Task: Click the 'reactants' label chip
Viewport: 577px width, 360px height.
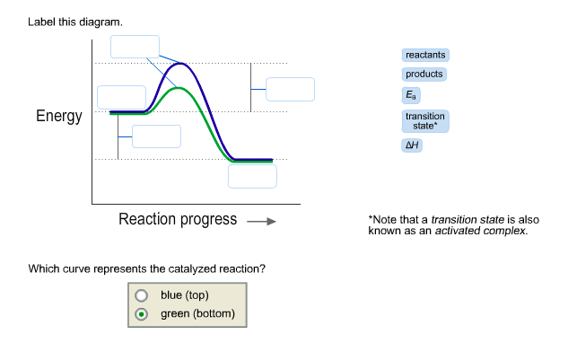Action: [425, 56]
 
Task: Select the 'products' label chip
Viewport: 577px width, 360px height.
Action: [424, 75]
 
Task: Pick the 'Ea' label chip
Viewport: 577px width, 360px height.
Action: [411, 94]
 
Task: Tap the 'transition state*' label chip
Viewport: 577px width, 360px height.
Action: [424, 121]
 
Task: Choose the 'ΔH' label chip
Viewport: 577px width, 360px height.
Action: [412, 145]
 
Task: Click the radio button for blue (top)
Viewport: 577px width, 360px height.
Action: [140, 295]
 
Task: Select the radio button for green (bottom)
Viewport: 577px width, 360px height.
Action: [140, 314]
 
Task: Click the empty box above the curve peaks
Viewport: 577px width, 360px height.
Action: [135, 47]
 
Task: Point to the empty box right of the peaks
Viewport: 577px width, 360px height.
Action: [290, 89]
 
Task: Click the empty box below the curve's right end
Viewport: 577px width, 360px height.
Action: [252, 176]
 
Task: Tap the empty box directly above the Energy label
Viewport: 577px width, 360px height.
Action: [121, 97]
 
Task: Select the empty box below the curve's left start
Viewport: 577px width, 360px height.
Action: [156, 136]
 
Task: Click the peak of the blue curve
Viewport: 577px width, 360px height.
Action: [182, 64]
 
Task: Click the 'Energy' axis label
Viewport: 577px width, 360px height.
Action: [59, 117]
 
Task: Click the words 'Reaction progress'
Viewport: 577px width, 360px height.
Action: [178, 219]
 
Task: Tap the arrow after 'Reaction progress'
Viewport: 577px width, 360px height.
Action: [260, 221]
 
